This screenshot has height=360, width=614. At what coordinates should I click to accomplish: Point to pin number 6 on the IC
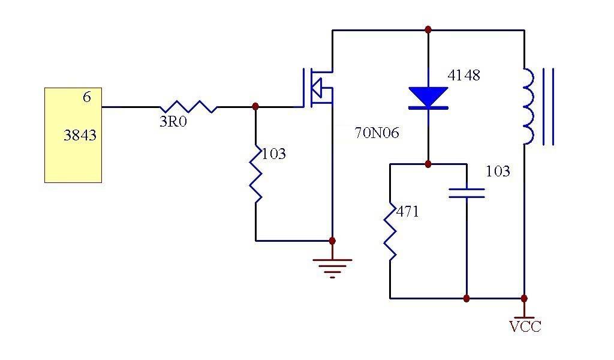coord(87,97)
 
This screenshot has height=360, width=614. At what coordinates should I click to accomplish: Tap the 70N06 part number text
coord(377,133)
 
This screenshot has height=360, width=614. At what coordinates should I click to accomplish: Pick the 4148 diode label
coord(463,76)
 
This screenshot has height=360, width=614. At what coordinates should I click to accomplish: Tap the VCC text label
coord(525,327)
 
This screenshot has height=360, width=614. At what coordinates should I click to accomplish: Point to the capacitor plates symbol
coord(466,193)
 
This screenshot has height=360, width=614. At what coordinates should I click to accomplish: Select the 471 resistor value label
coord(408,212)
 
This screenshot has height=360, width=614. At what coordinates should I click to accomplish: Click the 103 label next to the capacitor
coord(498,172)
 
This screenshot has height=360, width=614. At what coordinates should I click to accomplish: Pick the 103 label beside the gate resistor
coord(273,154)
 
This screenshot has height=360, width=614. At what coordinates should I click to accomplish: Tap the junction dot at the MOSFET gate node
coord(256,107)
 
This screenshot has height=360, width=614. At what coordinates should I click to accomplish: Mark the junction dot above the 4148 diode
coord(428,29)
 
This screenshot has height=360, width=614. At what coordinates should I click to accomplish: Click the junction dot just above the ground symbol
coord(332,241)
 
